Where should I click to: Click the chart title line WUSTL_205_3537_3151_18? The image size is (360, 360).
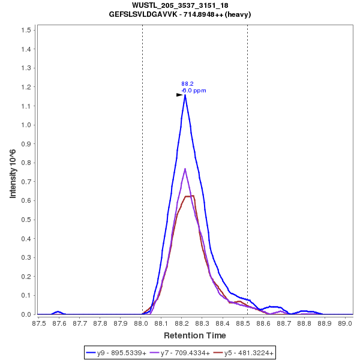tap(179, 5)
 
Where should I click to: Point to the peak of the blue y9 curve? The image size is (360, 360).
tap(185, 95)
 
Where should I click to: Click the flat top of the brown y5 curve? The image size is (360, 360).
tap(190, 196)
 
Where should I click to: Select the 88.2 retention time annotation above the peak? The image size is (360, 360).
tap(187, 84)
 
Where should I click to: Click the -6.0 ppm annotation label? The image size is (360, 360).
tap(193, 91)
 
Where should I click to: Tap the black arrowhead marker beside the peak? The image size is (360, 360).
tap(179, 95)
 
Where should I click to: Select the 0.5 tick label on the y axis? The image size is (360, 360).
tap(26, 220)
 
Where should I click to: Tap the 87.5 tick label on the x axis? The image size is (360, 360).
tap(39, 323)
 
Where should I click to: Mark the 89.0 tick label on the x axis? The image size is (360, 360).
tap(345, 323)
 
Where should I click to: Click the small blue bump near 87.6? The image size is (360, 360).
tap(58, 311)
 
